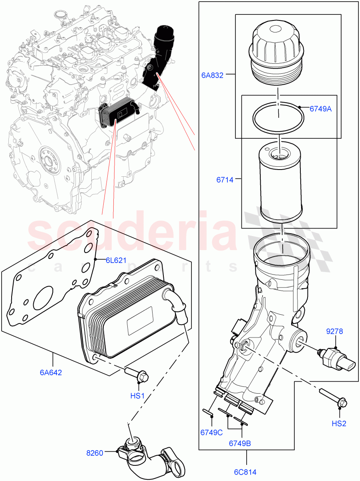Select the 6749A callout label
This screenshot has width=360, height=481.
[x=320, y=108]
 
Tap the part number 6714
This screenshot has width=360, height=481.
[x=225, y=180]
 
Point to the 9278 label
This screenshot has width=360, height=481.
[x=335, y=331]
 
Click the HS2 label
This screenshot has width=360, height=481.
[x=339, y=424]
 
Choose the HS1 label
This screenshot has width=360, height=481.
[x=137, y=396]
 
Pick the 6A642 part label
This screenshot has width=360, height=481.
[x=51, y=372]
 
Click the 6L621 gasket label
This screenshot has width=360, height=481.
[x=116, y=260]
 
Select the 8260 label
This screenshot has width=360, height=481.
[x=95, y=453]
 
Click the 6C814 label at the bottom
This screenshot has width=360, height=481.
[x=246, y=472]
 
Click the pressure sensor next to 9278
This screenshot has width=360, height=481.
[x=336, y=358]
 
